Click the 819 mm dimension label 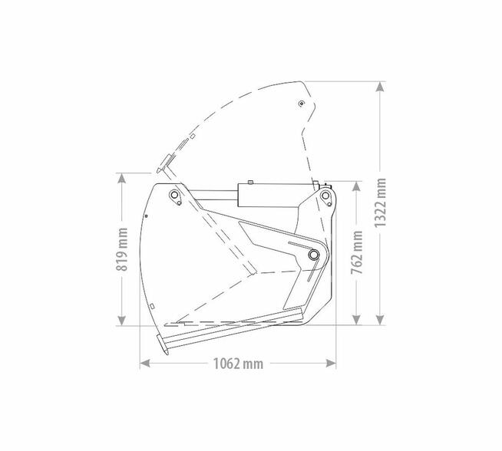pyautogui.click(x=121, y=249)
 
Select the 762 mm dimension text pyautogui.click(x=357, y=252)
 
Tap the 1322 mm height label pyautogui.click(x=381, y=202)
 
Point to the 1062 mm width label pyautogui.click(x=238, y=364)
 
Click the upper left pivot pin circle pyautogui.click(x=173, y=195)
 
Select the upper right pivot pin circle pyautogui.click(x=325, y=195)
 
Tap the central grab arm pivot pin pyautogui.click(x=314, y=255)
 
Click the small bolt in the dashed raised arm pyautogui.click(x=301, y=104)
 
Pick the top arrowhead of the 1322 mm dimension pyautogui.click(x=380, y=87)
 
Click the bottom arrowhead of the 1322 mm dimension pyautogui.click(x=380, y=320)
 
